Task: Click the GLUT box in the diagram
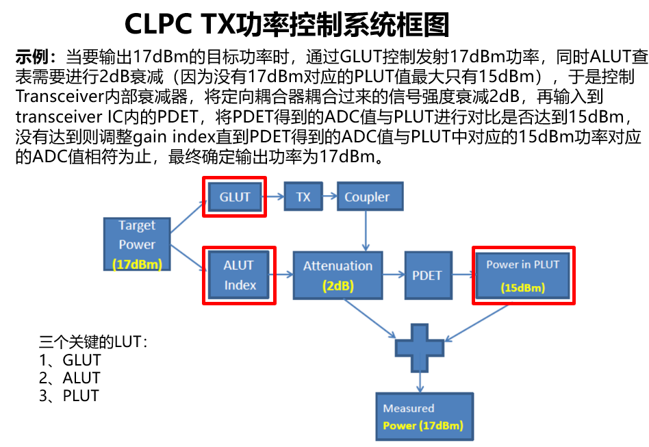[235, 197]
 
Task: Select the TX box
[303, 197]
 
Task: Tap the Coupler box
[367, 197]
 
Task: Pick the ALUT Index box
[239, 274]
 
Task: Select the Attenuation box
[338, 274]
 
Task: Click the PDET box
[427, 275]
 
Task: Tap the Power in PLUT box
[523, 274]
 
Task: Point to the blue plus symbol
[420, 346]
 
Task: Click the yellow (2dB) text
[338, 286]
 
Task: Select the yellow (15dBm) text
[523, 288]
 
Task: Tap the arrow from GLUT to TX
[275, 197]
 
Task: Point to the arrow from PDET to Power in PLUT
[463, 275]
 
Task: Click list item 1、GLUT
[70, 360]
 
